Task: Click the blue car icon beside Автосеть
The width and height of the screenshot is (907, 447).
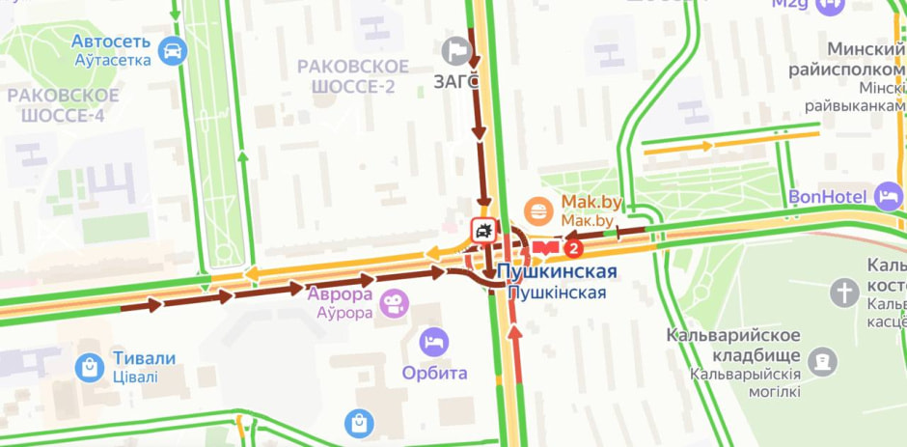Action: click(172, 50)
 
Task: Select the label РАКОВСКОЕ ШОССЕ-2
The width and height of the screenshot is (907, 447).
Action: click(353, 75)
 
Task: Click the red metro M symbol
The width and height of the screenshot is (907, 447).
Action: click(550, 249)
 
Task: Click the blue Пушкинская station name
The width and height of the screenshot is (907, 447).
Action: click(557, 271)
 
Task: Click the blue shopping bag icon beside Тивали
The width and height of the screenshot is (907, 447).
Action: click(90, 366)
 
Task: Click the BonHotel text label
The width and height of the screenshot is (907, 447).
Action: click(827, 197)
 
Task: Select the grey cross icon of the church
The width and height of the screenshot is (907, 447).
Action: click(844, 293)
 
